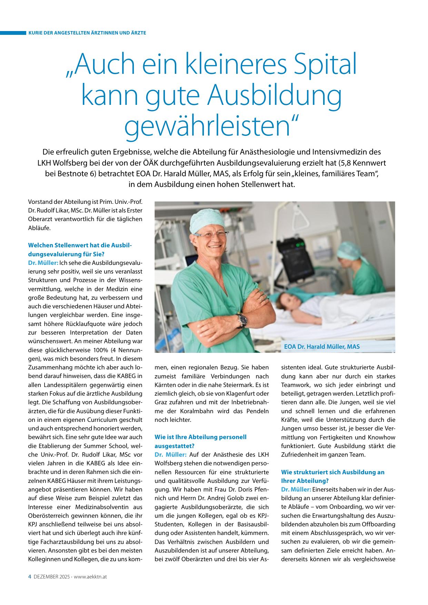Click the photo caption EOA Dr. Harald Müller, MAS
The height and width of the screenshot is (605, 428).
coord(321,346)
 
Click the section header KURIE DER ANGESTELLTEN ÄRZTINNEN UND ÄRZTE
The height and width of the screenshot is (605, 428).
coord(88,33)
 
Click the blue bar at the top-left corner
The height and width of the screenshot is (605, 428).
coord(13,33)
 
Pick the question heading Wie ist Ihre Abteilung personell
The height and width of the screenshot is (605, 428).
coord(201,437)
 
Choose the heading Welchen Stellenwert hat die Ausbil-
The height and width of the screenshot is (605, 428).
coord(80,245)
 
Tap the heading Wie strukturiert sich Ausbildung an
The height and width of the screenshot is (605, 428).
coord(332,472)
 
